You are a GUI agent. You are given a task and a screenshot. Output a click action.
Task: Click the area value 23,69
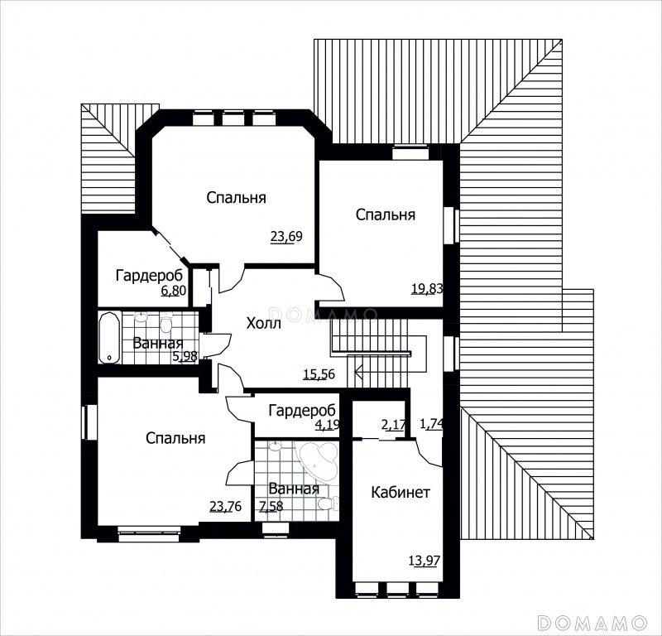(286, 236)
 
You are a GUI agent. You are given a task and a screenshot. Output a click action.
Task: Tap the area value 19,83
(427, 289)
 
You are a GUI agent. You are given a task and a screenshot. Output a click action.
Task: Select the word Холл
(263, 324)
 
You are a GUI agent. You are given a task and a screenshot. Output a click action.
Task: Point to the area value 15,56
(319, 374)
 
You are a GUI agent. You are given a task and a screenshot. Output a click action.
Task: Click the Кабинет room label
(401, 492)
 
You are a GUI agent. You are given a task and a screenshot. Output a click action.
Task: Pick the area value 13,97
(425, 561)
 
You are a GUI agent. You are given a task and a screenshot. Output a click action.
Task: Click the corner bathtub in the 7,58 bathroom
(319, 462)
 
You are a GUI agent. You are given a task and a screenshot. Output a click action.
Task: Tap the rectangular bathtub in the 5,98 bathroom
(110, 338)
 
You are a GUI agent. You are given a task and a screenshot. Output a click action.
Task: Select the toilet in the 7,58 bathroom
(328, 503)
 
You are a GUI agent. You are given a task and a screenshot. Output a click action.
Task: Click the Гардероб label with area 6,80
(150, 276)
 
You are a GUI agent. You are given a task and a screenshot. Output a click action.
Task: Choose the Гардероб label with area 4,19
(302, 410)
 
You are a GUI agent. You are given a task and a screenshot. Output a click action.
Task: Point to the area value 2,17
(393, 424)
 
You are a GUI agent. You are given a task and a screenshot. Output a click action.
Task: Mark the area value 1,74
(431, 423)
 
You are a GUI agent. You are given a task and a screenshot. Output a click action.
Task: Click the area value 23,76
(225, 506)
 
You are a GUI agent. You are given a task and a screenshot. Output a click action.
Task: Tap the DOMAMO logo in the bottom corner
(592, 623)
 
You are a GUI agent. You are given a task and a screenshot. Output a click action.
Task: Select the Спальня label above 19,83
(386, 214)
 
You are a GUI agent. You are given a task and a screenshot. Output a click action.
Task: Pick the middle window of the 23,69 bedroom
(233, 118)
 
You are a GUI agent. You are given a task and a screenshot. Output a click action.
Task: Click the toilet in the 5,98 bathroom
(166, 322)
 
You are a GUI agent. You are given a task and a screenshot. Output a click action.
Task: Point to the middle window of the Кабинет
(396, 589)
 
